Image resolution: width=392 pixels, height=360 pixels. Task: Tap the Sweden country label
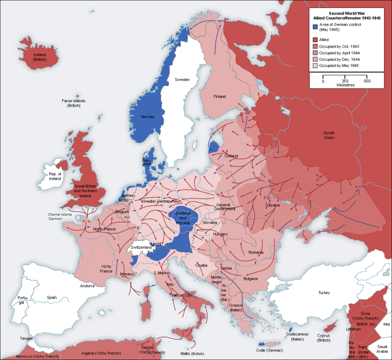pos(182,80)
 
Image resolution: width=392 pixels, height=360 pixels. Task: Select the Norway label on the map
pos(147,117)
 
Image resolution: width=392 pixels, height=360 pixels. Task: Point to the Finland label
pos(219,96)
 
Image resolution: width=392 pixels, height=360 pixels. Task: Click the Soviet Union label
pos(328,135)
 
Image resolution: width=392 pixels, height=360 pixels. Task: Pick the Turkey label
pos(324,293)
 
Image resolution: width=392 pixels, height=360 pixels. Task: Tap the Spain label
pos(51,297)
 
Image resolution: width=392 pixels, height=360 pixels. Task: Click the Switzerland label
pos(141,248)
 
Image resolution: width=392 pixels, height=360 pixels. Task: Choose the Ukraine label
pos(273,205)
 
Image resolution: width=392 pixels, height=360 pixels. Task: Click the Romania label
pos(256,253)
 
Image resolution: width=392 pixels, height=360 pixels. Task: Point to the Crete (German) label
pos(269,350)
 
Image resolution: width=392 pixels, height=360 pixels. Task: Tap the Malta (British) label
pos(192,353)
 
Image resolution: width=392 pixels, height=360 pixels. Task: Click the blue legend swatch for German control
pos(315,27)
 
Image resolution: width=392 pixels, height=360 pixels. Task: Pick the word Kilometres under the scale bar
pos(345,85)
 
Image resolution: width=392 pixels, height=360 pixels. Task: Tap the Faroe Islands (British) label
pos(74,103)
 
